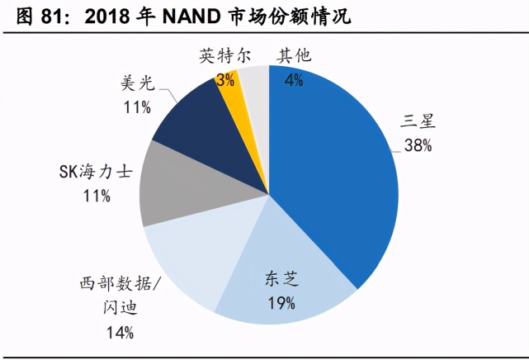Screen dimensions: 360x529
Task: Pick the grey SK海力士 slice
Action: (x=169, y=186)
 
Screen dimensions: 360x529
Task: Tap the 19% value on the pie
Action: (x=281, y=303)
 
